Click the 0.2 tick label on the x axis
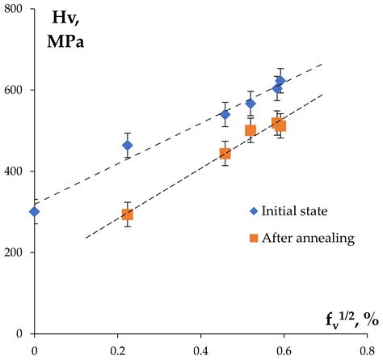click(118, 350)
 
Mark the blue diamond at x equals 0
click(34, 212)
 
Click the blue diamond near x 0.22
click(127, 146)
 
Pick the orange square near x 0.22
click(127, 214)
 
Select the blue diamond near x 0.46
click(225, 114)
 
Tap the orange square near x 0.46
click(225, 154)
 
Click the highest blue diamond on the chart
click(280, 81)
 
